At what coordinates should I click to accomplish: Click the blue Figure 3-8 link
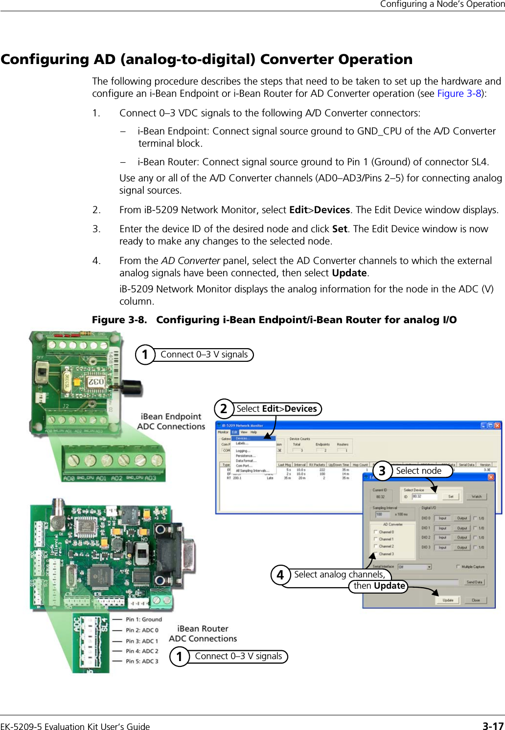coord(459,93)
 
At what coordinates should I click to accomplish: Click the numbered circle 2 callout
coord(224,408)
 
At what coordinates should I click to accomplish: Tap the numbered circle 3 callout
coord(382,470)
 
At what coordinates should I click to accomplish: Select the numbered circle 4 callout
coord(280,575)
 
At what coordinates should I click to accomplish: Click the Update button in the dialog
coord(448,600)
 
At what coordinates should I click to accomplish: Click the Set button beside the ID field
coord(451,496)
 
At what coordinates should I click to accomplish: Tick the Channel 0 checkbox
coord(376,532)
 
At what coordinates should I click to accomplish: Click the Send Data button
coord(474,582)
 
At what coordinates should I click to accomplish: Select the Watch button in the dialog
coord(477,496)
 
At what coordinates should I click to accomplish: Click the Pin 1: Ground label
coord(143,619)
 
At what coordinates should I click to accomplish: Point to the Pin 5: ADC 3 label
coord(142,661)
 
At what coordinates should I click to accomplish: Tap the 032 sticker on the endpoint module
coord(96,381)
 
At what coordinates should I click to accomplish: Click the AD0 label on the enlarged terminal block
coord(69,478)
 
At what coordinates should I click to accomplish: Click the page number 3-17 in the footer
coord(493,726)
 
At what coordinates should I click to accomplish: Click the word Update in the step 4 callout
coord(390,586)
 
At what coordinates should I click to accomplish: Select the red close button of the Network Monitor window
coord(497,425)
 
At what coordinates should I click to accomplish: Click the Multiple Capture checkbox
coord(458,567)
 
